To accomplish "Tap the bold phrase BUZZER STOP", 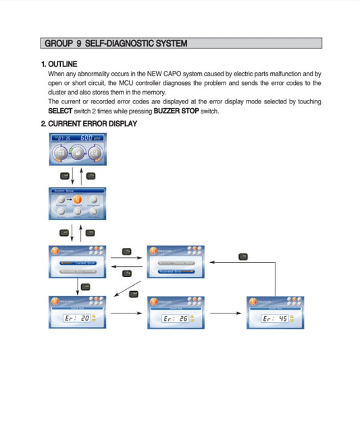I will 176,111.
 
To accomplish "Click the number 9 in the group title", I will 79,44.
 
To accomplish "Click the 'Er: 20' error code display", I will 76,317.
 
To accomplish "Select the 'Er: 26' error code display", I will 175,318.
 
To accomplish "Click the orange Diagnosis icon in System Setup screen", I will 77,200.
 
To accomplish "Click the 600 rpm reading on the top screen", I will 90,137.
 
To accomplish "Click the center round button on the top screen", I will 76,153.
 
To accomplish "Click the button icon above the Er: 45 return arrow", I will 244,256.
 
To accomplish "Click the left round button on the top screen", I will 60,153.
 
